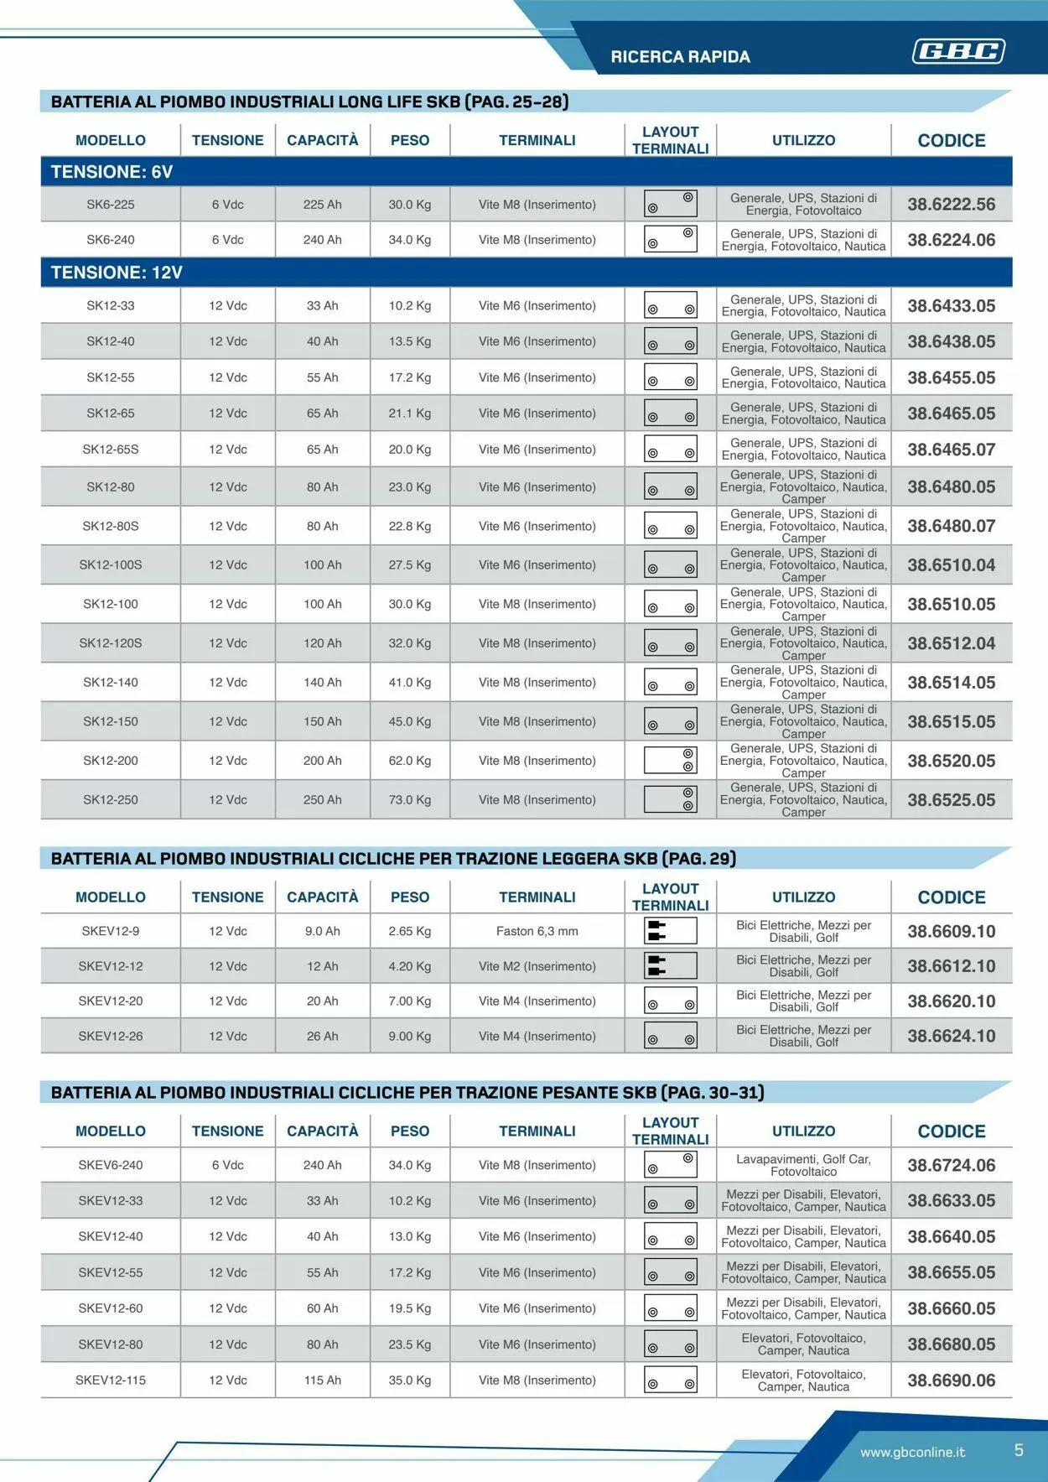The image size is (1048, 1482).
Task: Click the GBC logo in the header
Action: pyautogui.click(x=958, y=52)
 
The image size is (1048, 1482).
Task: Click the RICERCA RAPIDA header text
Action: pyautogui.click(x=680, y=57)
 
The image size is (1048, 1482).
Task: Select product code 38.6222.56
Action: pyautogui.click(x=951, y=205)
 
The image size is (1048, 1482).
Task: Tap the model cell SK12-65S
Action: pyautogui.click(x=111, y=450)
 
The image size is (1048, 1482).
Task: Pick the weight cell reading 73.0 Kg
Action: pyautogui.click(x=409, y=800)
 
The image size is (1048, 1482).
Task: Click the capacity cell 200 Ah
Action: pyautogui.click(x=322, y=761)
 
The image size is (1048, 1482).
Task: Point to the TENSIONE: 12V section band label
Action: pyautogui.click(x=117, y=273)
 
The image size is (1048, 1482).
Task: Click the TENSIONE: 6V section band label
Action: pyautogui.click(x=112, y=172)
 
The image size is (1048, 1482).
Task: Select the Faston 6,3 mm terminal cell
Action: pyautogui.click(x=537, y=931)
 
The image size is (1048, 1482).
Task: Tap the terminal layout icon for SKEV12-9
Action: pyautogui.click(x=670, y=931)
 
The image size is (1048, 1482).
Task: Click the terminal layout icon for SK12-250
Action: pyautogui.click(x=670, y=800)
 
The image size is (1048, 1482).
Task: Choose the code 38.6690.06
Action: pyautogui.click(x=951, y=1381)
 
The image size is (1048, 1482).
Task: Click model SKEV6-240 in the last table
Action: pyautogui.click(x=111, y=1165)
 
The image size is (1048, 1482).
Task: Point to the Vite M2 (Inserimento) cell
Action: pyautogui.click(x=537, y=966)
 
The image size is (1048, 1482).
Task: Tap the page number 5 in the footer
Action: pyautogui.click(x=1019, y=1450)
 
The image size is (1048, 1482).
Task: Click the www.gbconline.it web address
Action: pyautogui.click(x=912, y=1452)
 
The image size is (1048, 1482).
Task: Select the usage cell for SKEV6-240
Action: pyautogui.click(x=803, y=1165)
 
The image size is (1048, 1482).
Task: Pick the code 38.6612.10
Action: pyautogui.click(x=951, y=966)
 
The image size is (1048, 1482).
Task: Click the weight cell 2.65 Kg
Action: pyautogui.click(x=409, y=931)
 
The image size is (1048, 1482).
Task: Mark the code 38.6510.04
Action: pyautogui.click(x=951, y=565)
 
